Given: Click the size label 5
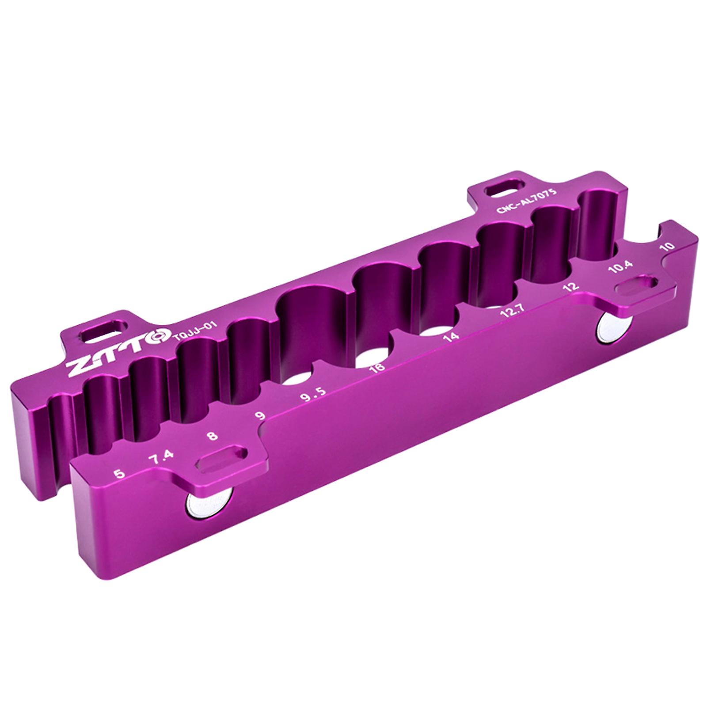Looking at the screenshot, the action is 119,474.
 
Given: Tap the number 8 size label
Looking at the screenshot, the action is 213,436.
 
